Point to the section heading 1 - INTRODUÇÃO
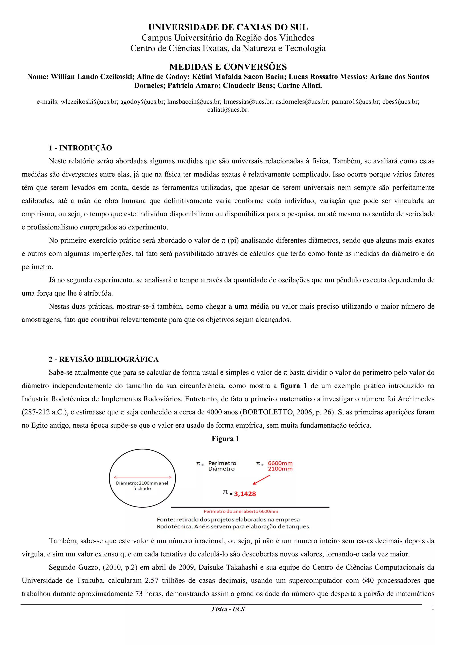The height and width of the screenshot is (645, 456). click(80, 148)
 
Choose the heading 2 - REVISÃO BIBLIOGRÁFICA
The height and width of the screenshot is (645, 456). click(104, 359)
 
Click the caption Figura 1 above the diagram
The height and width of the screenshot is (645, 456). click(225, 439)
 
